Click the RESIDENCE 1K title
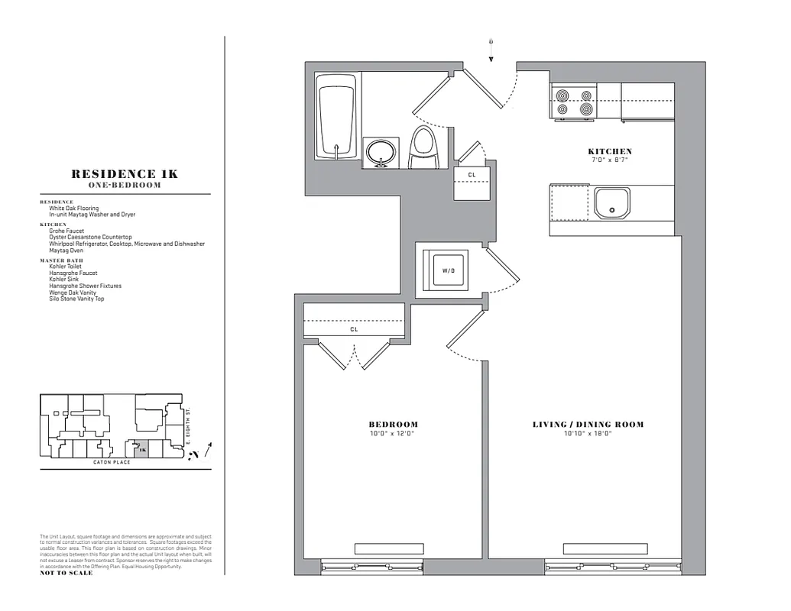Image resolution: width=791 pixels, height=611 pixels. pos(125,174)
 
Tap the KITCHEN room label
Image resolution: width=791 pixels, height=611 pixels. pos(609,151)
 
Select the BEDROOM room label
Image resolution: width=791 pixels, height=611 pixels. pos(394,425)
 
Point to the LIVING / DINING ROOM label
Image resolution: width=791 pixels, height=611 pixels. pos(588,425)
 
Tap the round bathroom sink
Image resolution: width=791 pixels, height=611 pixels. pos(380,152)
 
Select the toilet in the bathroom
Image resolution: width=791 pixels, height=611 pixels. pos(423,148)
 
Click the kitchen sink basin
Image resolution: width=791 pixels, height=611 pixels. pos(612,203)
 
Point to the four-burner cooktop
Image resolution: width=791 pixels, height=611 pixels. pos(574,102)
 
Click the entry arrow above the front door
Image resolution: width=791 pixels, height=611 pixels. pos(491,50)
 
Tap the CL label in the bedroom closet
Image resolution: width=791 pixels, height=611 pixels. pos(354,330)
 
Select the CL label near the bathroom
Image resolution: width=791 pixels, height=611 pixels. pos(471,175)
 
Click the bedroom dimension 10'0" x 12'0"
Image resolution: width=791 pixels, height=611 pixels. pos(394,434)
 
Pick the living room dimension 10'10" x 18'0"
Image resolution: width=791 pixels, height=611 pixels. pos(588,434)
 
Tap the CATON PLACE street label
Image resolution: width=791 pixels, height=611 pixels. pos(112,462)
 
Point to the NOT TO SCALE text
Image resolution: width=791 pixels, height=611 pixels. pos(66,573)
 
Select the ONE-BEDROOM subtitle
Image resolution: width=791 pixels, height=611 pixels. pos(125,186)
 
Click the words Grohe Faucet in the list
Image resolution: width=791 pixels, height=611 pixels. pos(66,231)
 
